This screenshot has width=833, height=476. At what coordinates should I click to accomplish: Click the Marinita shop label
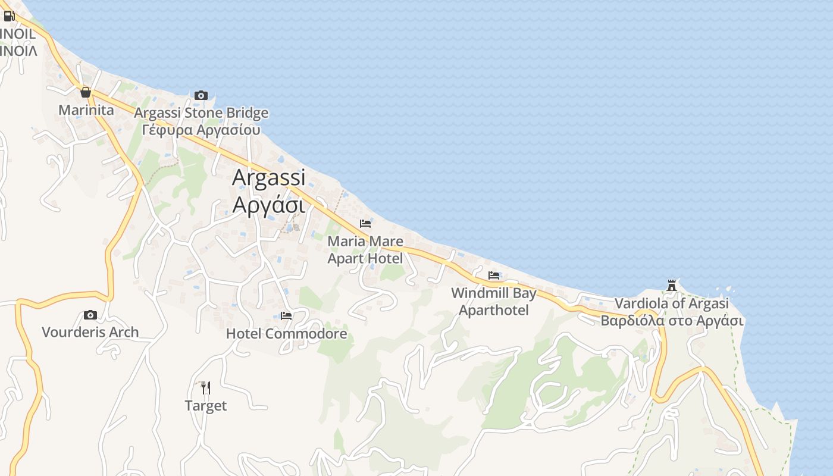click(86, 110)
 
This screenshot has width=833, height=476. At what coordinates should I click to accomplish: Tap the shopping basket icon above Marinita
click(86, 92)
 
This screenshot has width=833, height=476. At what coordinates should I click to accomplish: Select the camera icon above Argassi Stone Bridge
click(201, 95)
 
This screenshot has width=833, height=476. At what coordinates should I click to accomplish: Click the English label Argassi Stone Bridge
click(201, 113)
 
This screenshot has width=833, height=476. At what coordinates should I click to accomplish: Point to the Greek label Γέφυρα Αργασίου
click(201, 130)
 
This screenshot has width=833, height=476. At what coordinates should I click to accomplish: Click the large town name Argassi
click(268, 177)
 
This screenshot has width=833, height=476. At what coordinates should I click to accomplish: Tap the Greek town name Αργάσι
click(268, 204)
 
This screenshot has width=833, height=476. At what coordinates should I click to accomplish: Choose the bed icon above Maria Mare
click(365, 224)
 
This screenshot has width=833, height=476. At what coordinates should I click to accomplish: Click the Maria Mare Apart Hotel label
click(365, 250)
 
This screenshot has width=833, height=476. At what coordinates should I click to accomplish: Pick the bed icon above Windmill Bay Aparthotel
click(494, 275)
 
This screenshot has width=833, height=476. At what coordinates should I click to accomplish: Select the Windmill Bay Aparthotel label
click(494, 301)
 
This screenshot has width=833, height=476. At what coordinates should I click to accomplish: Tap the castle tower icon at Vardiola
click(672, 286)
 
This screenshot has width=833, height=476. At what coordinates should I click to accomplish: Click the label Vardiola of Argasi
click(672, 303)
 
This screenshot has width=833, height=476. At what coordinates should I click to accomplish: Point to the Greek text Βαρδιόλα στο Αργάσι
click(672, 321)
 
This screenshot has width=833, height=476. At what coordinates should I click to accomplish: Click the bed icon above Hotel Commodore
click(286, 316)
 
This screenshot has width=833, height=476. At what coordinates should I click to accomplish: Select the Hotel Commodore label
click(286, 334)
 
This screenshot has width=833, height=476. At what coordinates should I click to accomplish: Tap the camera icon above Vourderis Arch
click(90, 315)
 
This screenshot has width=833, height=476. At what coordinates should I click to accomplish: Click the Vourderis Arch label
click(90, 332)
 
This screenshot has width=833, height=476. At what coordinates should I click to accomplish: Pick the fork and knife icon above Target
click(205, 388)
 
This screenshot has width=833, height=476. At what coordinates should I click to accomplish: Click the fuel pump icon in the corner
click(9, 16)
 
